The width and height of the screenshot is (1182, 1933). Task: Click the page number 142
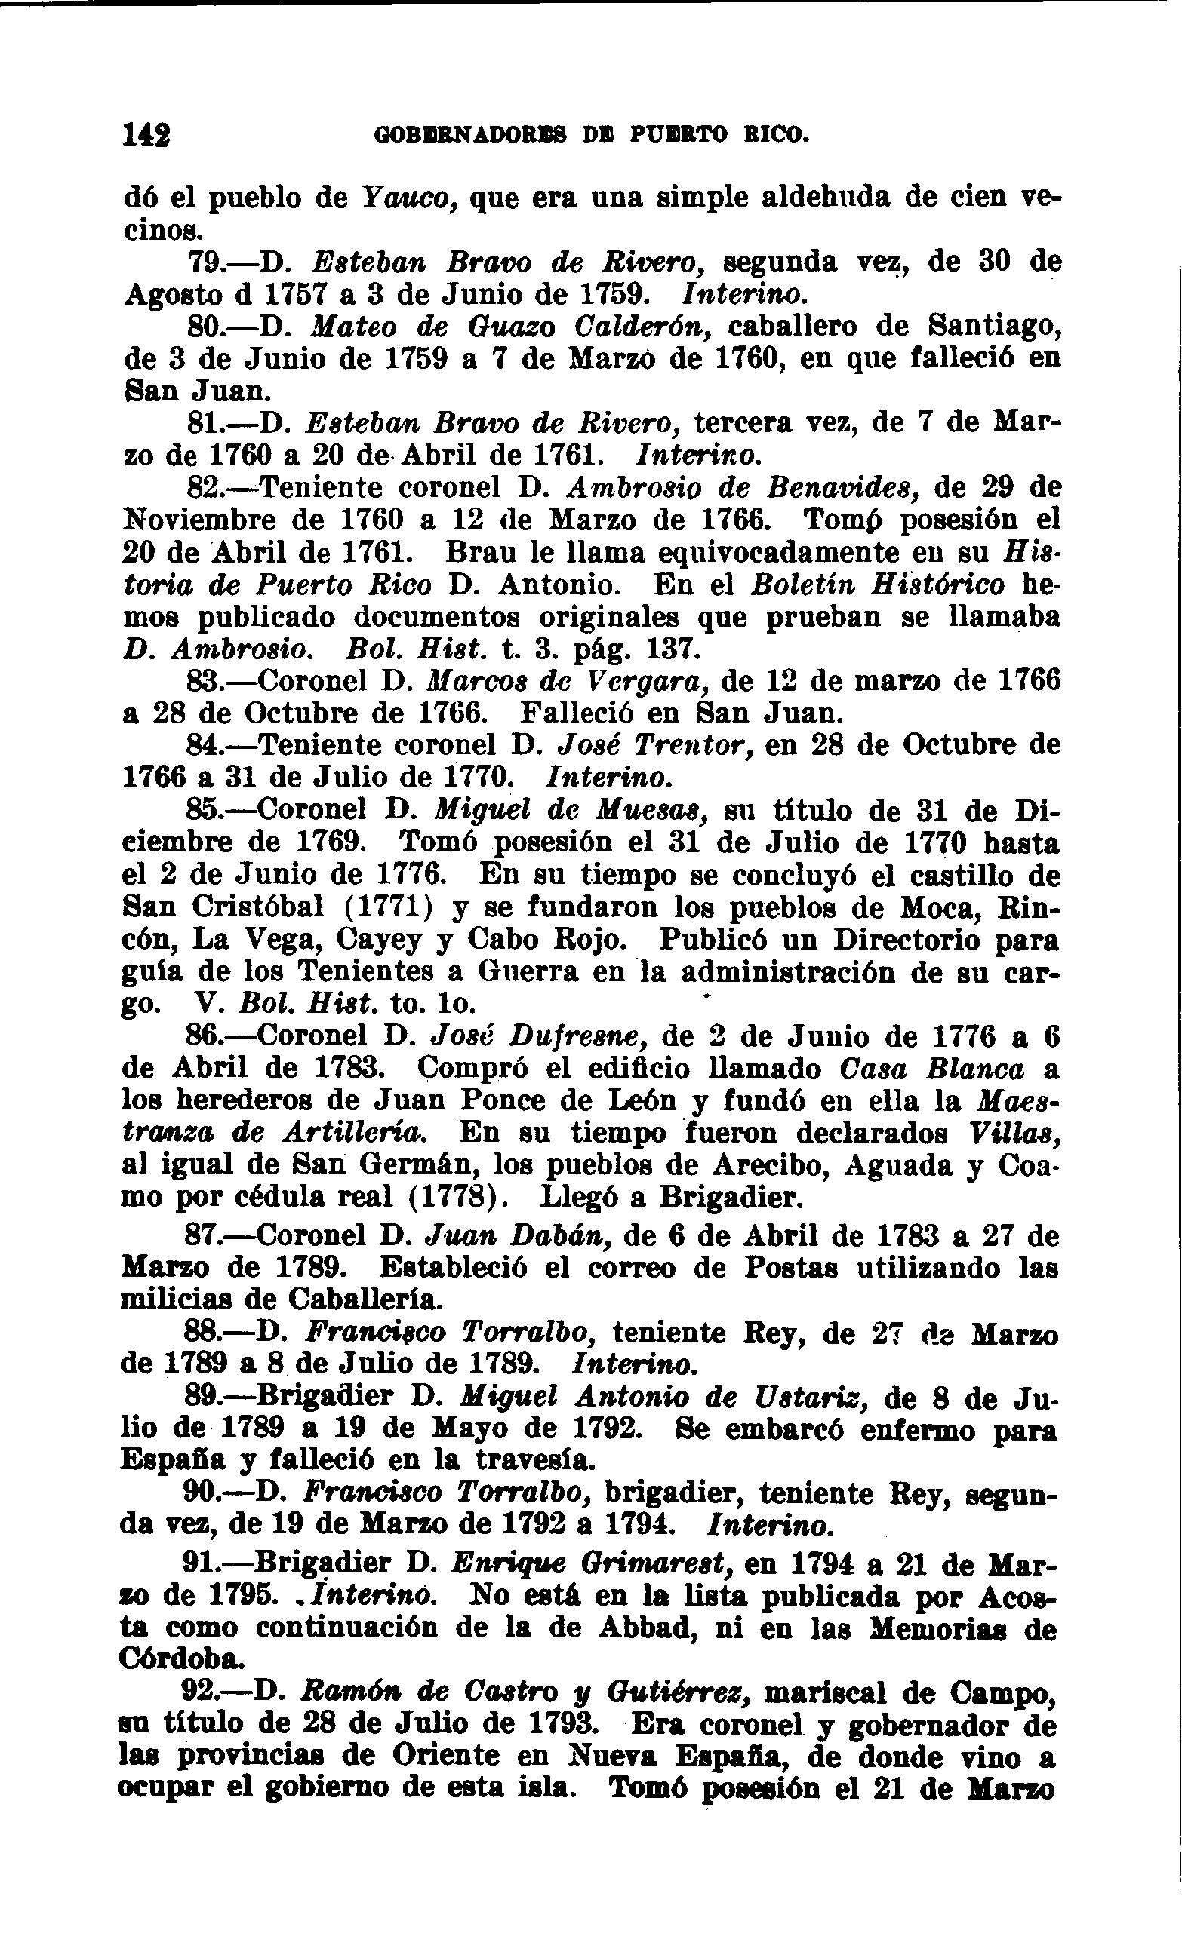coord(146,136)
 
